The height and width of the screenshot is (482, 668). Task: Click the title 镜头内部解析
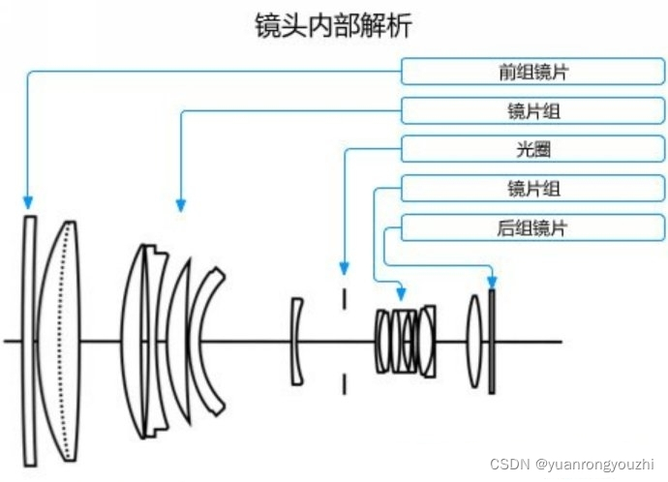click(332, 25)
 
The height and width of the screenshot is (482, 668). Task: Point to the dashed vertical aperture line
click(344, 340)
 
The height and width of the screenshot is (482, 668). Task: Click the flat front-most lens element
click(29, 339)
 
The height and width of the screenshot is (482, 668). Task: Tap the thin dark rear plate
click(492, 340)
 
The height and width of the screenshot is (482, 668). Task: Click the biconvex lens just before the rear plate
click(473, 341)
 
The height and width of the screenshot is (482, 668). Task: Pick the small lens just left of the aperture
click(297, 340)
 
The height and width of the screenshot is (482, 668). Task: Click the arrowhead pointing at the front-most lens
click(29, 203)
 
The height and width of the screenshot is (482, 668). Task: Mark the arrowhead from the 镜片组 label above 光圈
click(180, 203)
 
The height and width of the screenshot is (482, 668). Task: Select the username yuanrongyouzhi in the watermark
click(604, 465)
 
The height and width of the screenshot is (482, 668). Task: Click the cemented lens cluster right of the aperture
click(406, 341)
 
